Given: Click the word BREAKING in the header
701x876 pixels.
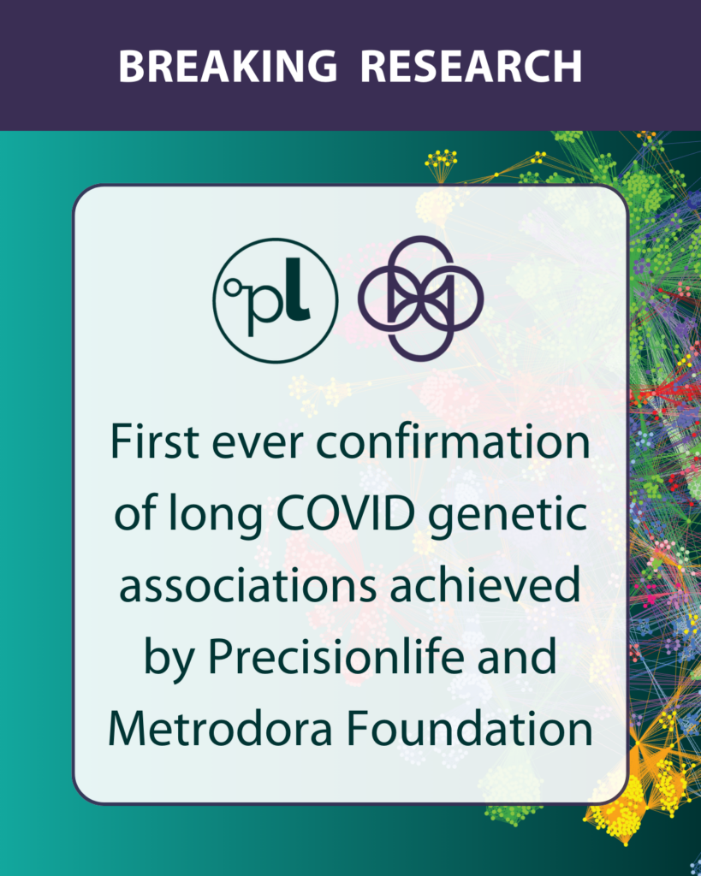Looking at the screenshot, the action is [x=228, y=67].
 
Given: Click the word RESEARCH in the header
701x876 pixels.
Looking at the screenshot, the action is [x=472, y=67].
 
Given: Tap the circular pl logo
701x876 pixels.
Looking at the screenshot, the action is [x=276, y=300].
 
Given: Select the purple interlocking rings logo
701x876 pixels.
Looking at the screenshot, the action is [x=420, y=297].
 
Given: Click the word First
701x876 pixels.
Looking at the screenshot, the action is [x=155, y=441].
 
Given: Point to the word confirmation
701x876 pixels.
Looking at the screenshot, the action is [x=454, y=441].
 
